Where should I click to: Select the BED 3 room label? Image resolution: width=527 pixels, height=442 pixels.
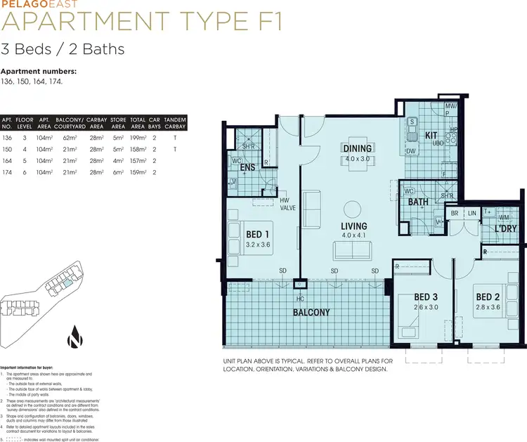click(426, 297)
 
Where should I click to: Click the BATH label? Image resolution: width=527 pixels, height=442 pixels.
click(419, 202)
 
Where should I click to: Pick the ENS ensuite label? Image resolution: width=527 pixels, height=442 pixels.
click(247, 168)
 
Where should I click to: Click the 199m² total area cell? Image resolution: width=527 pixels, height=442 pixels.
click(138, 138)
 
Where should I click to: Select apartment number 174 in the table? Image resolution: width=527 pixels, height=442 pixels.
click(8, 171)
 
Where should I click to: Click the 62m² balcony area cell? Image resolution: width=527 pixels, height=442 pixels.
click(67, 138)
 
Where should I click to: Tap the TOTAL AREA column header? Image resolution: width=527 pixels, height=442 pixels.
click(138, 124)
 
